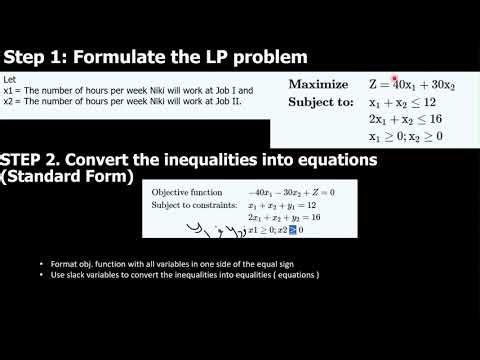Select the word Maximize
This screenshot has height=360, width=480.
[x=318, y=85]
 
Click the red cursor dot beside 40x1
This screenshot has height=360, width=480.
[x=395, y=79]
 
